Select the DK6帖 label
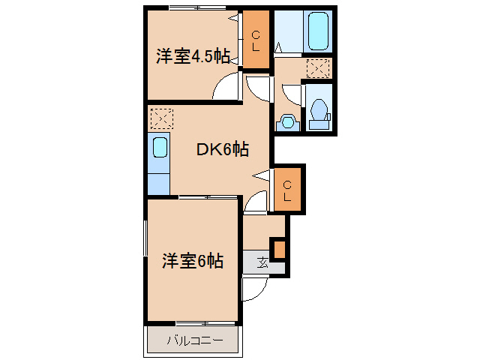click(223, 149)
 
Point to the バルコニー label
click(194, 340)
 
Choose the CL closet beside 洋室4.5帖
click(256, 40)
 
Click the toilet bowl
click(319, 109)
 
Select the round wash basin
click(286, 121)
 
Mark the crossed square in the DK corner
click(160, 118)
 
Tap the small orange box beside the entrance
click(279, 248)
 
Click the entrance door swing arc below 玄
click(253, 289)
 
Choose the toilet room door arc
click(291, 95)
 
